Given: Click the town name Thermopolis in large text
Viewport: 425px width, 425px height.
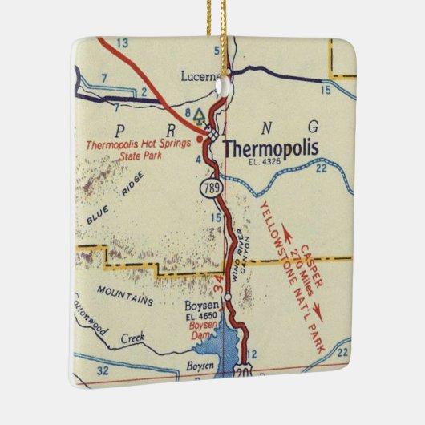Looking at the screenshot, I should [270, 148].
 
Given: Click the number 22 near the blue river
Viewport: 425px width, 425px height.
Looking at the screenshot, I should [320, 168].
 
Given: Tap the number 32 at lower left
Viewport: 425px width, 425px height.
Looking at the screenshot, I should [102, 370].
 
